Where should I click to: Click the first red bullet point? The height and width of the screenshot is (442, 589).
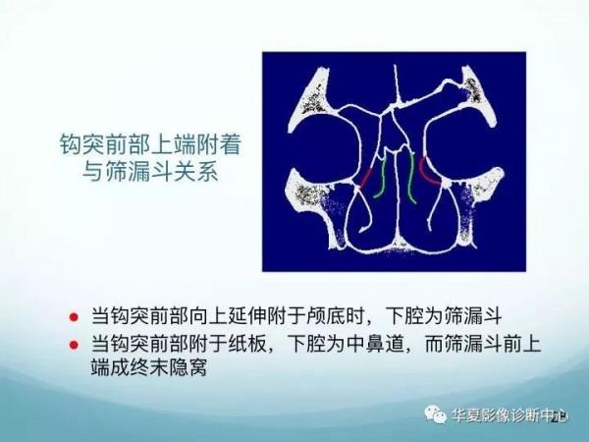(73, 317)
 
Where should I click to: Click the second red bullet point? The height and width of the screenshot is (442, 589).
(73, 346)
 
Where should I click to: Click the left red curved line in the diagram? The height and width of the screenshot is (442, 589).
(366, 178)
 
